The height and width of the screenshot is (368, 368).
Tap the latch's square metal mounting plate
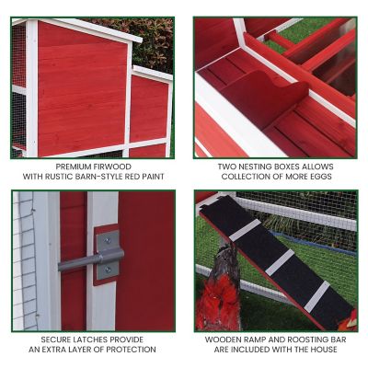[x=109, y=254]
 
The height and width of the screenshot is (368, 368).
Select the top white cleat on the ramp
[x=245, y=230]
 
